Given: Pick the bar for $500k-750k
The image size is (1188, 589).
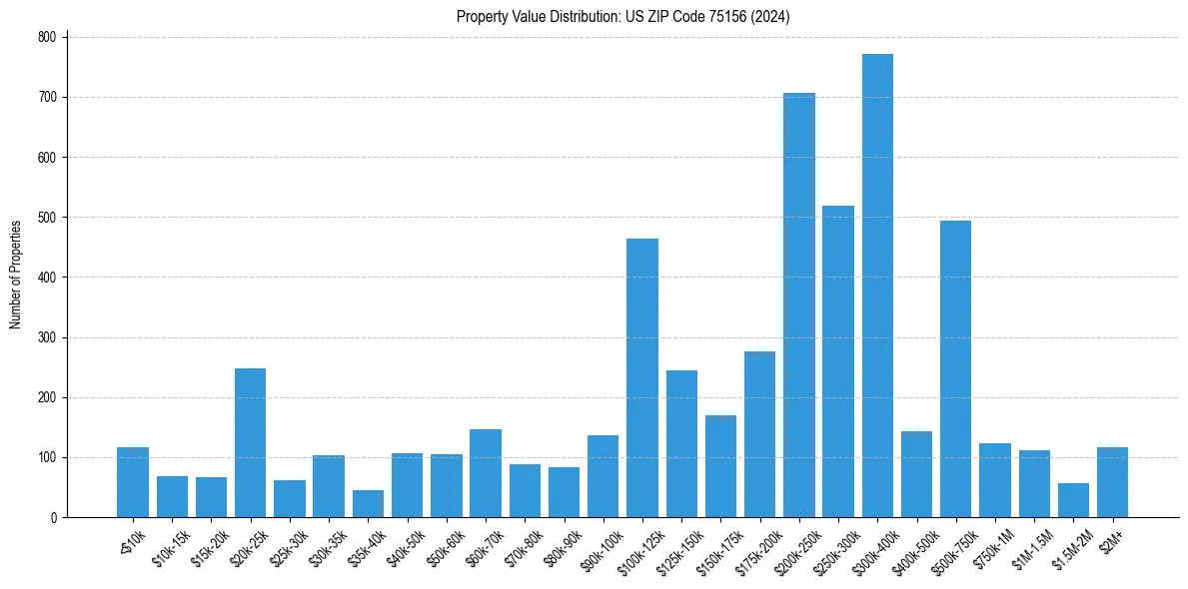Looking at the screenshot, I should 955,368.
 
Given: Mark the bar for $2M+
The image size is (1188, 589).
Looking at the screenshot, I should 1112,482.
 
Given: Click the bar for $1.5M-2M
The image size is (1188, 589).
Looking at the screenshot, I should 1073,500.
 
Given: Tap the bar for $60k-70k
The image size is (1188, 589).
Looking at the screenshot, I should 486,473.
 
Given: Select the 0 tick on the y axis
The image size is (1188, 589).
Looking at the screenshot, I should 56,518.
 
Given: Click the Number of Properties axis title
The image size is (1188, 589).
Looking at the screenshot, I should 15,275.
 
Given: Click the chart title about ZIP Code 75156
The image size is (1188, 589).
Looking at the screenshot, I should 623,17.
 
